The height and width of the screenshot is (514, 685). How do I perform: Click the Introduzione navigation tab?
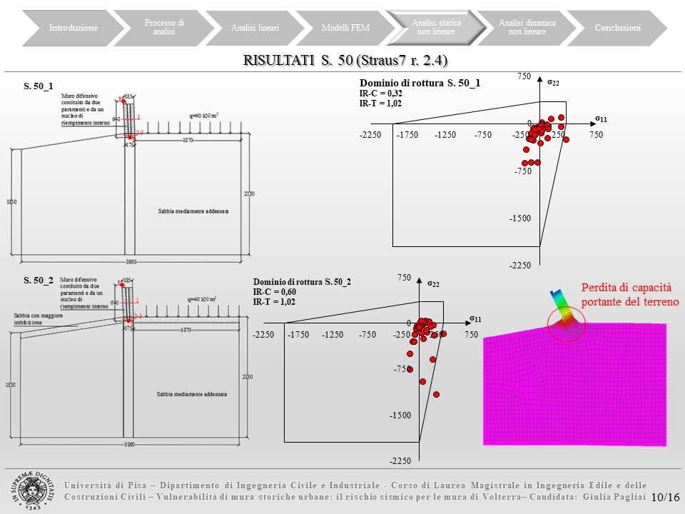(73, 28)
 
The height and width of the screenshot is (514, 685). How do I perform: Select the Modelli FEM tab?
(340, 28)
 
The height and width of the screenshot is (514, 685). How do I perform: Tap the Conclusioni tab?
(618, 28)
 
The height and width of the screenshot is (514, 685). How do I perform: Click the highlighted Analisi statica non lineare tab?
(436, 28)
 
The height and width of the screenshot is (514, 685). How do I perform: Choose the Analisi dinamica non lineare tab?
(527, 28)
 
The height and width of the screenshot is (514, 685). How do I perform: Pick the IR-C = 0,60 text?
(275, 292)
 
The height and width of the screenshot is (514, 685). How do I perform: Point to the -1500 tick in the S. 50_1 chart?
(520, 218)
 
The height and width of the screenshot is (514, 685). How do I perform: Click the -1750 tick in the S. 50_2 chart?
(298, 334)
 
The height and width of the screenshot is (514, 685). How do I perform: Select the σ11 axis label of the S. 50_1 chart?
(601, 118)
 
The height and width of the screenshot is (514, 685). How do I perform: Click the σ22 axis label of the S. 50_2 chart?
(433, 284)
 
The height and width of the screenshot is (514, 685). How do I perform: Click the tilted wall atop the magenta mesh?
(561, 304)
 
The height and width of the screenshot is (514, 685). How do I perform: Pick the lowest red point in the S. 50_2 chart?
(436, 394)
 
